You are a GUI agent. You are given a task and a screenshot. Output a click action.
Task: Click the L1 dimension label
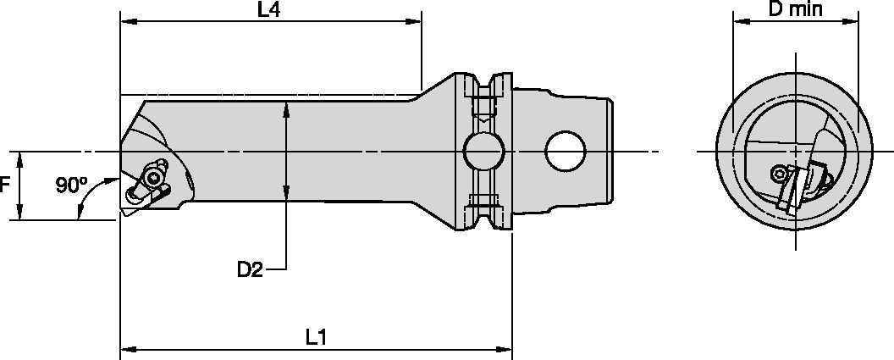(316, 337)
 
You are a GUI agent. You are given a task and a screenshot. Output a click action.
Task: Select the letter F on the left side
(5, 186)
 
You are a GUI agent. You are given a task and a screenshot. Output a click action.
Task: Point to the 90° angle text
(71, 185)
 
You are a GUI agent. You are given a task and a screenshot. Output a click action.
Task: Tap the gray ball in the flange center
(483, 152)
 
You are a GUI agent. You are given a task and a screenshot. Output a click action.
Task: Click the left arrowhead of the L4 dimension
(126, 23)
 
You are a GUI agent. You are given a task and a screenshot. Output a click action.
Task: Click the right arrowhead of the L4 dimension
(416, 23)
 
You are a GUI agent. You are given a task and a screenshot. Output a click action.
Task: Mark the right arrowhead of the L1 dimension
(505, 348)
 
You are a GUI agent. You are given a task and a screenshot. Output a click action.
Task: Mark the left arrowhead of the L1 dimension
(127, 348)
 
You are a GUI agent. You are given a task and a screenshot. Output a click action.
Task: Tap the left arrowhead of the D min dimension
(737, 24)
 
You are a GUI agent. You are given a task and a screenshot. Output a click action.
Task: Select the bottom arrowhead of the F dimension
(19, 215)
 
